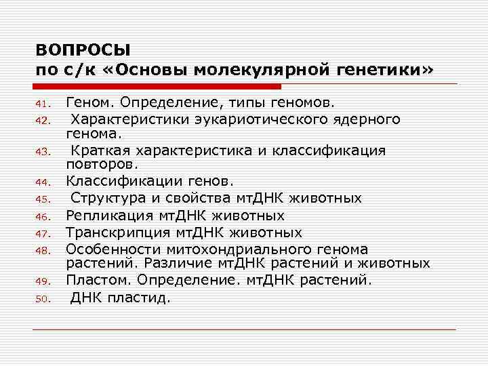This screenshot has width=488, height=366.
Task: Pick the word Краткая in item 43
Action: tap(102, 150)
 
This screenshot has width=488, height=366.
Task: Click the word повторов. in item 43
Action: tap(102, 163)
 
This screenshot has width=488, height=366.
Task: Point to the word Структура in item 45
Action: tap(109, 198)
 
